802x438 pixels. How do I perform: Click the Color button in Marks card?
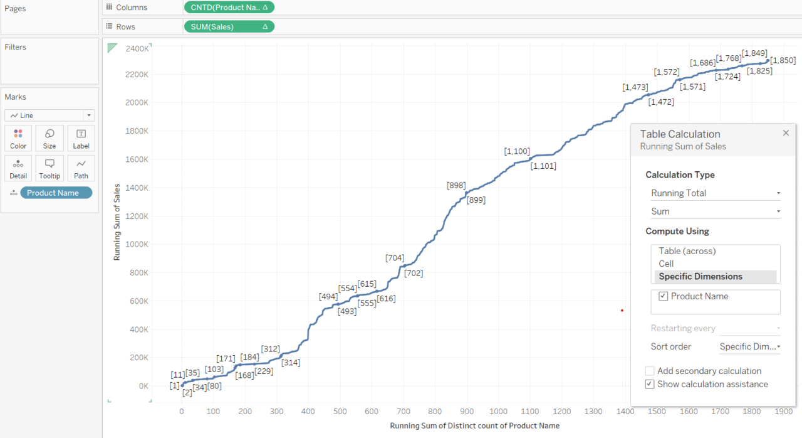18,137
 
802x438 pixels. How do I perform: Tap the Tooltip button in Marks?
49,168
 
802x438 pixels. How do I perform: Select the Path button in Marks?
81,168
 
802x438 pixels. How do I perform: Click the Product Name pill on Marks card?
56,193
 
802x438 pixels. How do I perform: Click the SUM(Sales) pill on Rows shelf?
229,26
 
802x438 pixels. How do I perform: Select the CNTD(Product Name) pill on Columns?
229,8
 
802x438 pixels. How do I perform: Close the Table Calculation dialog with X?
786,133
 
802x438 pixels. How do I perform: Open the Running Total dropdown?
715,193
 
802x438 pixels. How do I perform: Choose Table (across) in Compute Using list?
687,251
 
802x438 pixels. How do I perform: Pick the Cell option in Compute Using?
666,264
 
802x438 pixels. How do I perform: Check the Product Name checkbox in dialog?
664,296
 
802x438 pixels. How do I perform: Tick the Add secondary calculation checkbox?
650,371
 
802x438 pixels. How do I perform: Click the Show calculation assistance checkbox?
650,384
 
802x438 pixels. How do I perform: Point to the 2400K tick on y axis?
137,48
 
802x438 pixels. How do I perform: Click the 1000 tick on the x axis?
499,412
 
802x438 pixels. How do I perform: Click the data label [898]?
456,185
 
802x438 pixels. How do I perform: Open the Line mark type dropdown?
49,115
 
